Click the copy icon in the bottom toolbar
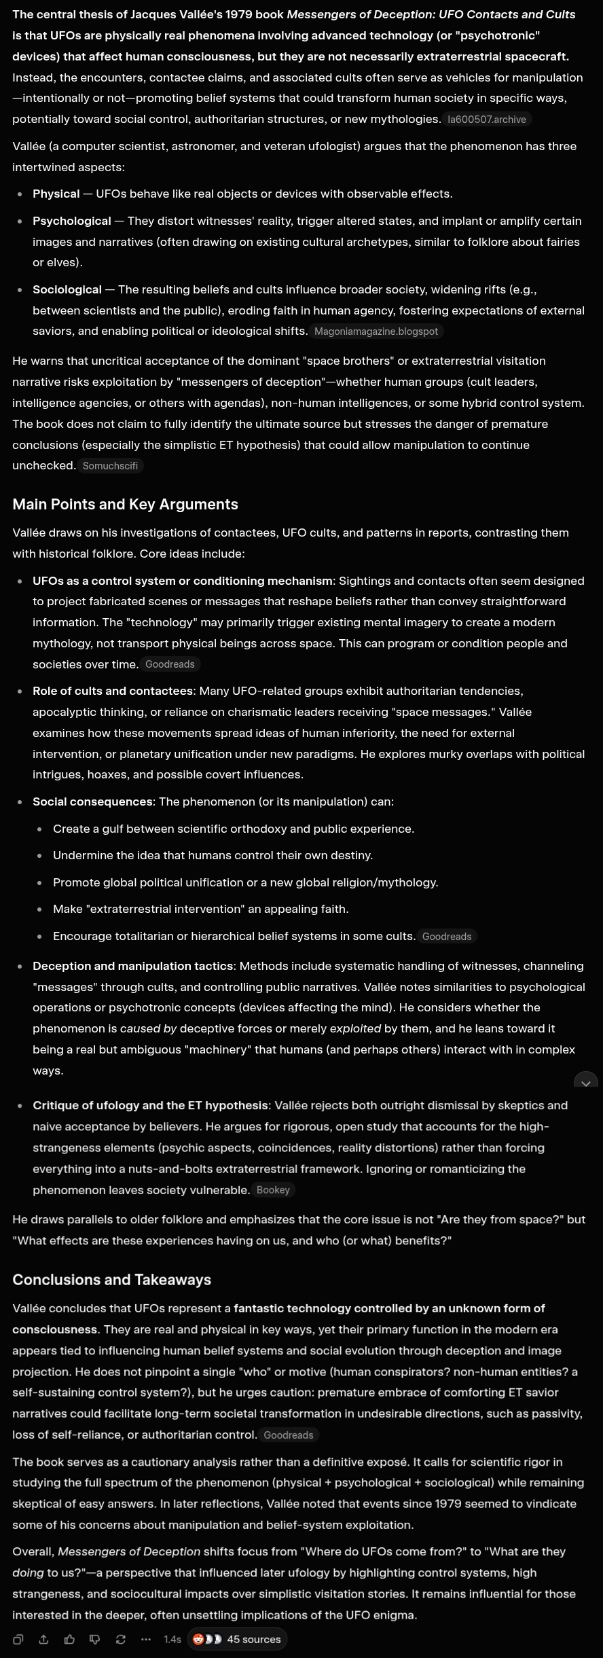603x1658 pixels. pos(18,1639)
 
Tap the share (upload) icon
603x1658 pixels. pos(43,1639)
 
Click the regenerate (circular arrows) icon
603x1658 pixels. pos(121,1639)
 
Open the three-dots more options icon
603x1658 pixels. pos(146,1639)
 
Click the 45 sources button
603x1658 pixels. pos(237,1639)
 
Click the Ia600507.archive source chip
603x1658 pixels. pos(486,120)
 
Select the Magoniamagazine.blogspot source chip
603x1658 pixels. pos(376,331)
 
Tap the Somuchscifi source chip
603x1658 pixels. pos(110,466)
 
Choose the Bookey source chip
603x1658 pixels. pos(273,1190)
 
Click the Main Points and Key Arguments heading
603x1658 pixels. pos(125,504)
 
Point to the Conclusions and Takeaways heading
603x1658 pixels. pos(111,1280)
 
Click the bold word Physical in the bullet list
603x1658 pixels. pos(56,194)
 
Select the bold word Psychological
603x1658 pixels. pos(71,221)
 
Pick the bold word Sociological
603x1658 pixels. pos(67,289)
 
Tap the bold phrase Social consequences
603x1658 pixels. pos(92,801)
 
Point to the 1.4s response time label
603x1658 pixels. pos(172,1639)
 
